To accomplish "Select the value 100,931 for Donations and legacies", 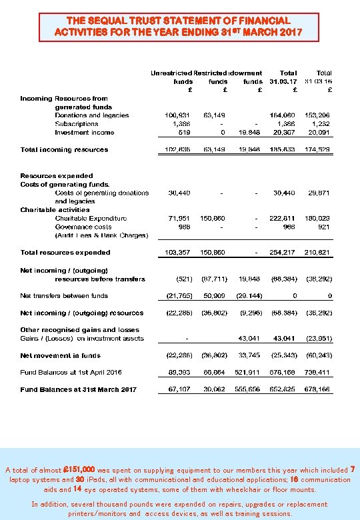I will pos(177,115).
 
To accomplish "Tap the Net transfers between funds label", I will pos(64,295).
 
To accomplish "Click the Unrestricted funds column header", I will pos(171,77).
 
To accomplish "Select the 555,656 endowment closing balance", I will pos(249,389).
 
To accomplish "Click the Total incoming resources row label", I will pos(64,149).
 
